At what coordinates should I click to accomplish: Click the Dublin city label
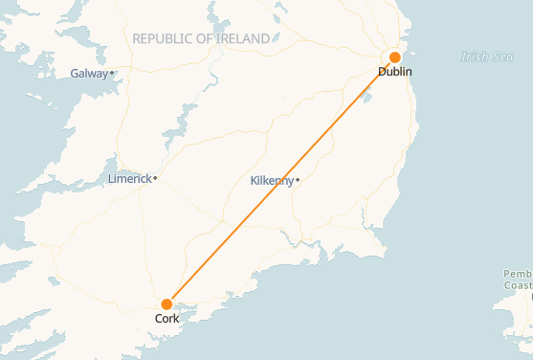(395, 72)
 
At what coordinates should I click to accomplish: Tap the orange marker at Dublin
(395, 57)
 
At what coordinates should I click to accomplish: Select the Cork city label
(167, 318)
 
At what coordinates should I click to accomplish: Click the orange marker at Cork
(167, 304)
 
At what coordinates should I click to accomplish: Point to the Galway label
(89, 74)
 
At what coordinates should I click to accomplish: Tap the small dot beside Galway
(112, 73)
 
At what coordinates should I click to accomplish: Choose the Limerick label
(130, 178)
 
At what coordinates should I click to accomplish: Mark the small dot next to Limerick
(155, 178)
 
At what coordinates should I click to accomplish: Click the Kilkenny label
(272, 180)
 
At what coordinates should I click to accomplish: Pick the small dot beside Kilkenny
(298, 180)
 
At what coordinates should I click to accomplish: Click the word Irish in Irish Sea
(473, 56)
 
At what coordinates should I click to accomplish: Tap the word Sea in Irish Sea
(502, 56)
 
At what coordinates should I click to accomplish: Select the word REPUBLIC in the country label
(166, 38)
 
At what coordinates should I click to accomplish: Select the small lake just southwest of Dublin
(366, 95)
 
